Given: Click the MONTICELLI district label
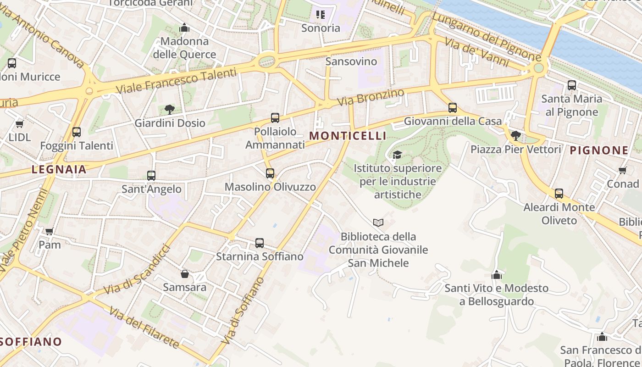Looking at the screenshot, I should click(348, 136).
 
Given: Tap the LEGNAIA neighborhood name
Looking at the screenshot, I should click(59, 169).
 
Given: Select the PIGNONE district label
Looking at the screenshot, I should click(599, 150).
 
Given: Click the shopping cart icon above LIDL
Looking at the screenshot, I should click(19, 124).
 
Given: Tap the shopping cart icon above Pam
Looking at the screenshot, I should click(49, 231).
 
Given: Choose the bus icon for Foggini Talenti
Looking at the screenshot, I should click(76, 132).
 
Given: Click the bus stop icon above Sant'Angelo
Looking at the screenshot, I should click(151, 175).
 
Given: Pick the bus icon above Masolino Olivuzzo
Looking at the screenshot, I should click(270, 173).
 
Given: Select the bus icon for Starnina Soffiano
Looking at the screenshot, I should click(260, 243).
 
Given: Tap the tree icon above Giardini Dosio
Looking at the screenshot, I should click(170, 109).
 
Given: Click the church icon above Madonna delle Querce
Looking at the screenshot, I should click(184, 28).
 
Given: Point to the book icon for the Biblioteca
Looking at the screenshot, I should click(378, 223).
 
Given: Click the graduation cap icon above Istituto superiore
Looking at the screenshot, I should click(397, 155).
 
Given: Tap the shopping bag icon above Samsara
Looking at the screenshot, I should click(185, 274).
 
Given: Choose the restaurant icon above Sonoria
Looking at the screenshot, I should click(321, 15).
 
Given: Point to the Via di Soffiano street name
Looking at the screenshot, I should click(243, 311).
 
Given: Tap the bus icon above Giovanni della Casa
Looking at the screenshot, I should click(453, 108).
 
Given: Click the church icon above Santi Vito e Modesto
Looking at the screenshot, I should click(496, 275).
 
